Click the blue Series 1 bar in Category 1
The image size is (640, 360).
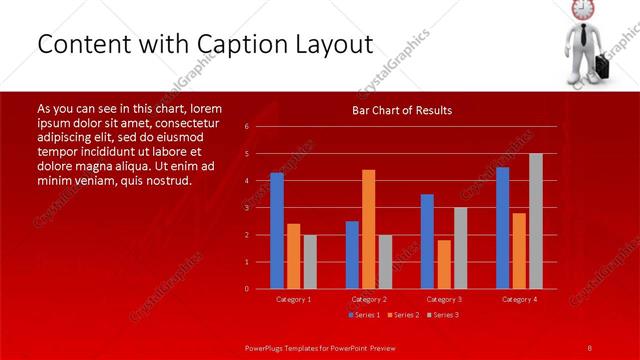277,231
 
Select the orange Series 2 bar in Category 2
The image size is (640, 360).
368,229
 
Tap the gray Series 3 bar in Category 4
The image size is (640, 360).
536,221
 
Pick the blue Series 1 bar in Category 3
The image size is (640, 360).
427,241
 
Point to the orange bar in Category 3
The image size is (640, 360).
443,264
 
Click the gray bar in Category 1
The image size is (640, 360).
310,262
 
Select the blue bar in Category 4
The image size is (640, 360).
502,228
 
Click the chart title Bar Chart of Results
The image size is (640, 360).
402,110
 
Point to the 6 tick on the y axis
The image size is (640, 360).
247,127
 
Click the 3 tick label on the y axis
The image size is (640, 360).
247,208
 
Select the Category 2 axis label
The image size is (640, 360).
369,299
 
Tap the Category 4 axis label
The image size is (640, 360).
519,299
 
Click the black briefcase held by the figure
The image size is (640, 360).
603,68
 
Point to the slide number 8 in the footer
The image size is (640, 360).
590,347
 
